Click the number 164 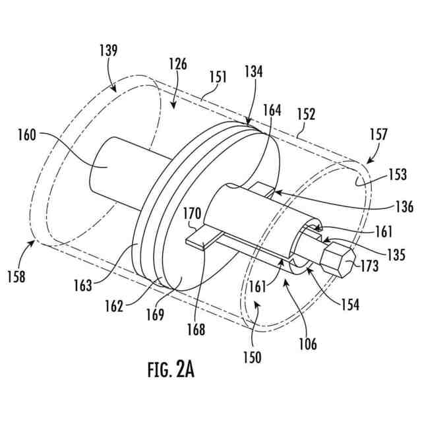click(272, 111)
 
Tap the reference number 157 click(378, 135)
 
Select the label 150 click(251, 359)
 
